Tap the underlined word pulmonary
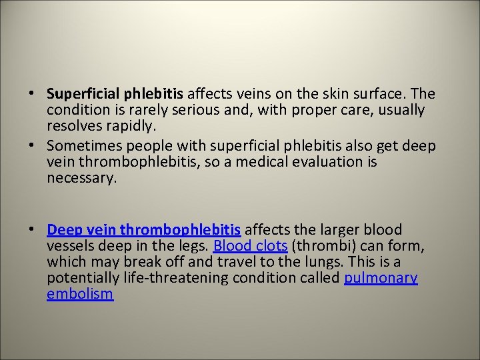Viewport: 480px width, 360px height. pos(381,278)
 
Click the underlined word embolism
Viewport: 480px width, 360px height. pos(80,294)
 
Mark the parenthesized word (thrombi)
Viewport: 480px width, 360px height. pos(315,246)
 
